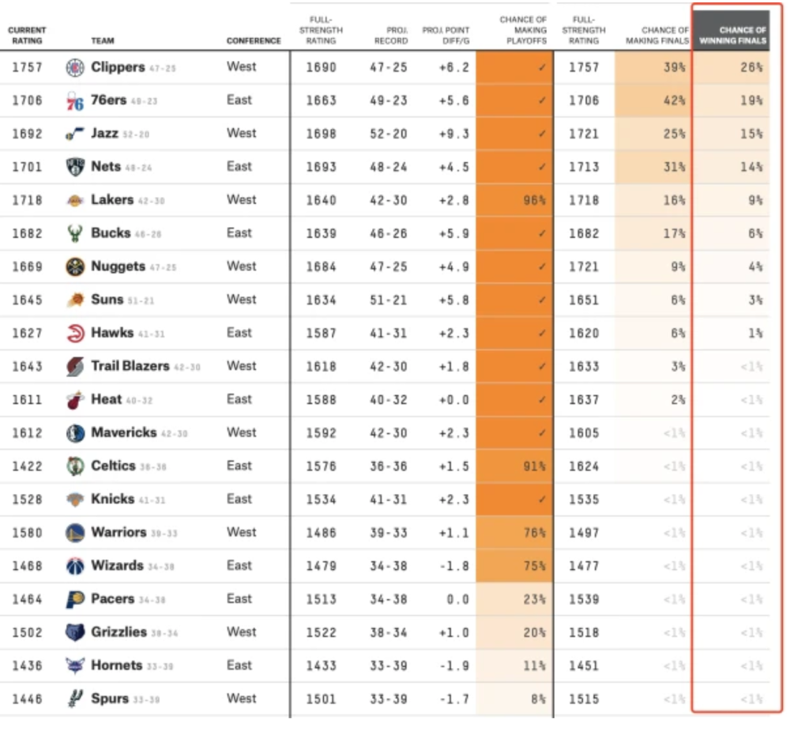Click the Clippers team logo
pos(75,67)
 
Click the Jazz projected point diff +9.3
pos(454,134)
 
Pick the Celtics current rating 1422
pos(27,466)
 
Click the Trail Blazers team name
pos(130,366)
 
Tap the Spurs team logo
pos(75,699)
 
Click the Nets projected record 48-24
pos(388,167)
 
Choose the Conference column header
pos(254,41)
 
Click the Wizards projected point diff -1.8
pos(454,566)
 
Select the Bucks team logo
pos(75,234)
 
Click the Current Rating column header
pos(27,36)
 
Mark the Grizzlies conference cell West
pos(242,632)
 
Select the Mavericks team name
pos(124,432)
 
